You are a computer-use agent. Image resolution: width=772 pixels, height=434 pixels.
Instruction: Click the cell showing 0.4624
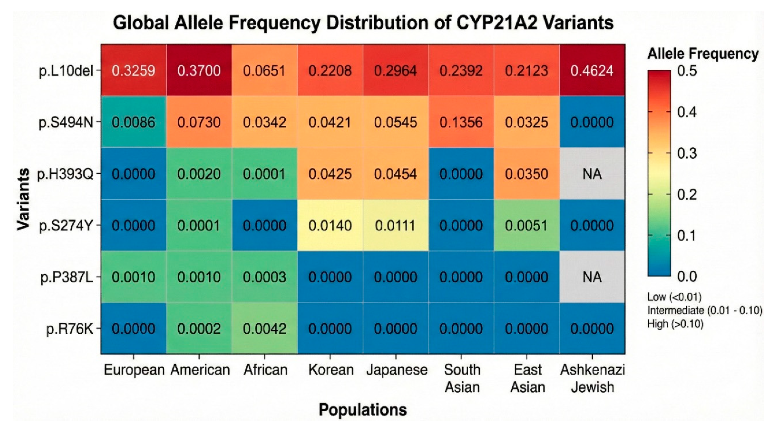(x=592, y=71)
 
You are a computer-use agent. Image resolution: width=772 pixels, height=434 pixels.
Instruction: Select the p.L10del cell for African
(x=264, y=71)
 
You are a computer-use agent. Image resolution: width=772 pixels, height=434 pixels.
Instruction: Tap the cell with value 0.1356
(x=461, y=122)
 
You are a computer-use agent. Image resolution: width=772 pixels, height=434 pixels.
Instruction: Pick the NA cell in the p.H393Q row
(x=592, y=174)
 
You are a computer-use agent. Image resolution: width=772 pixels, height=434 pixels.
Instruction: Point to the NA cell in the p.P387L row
(x=592, y=277)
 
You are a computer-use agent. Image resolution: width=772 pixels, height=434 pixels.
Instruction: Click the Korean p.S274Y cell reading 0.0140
(x=330, y=225)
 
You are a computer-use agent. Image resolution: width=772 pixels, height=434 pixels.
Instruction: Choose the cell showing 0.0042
(x=264, y=329)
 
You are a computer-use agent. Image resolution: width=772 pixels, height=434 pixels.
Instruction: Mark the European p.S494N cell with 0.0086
(x=133, y=122)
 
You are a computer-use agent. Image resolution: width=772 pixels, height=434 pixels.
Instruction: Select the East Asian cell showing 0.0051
(x=526, y=225)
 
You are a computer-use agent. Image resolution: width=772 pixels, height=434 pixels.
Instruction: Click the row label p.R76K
(x=70, y=329)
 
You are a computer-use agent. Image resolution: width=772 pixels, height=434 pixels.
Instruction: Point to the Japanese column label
(x=396, y=370)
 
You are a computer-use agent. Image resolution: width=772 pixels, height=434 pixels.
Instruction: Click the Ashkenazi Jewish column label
(x=592, y=378)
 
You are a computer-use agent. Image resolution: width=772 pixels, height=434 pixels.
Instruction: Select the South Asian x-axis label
(x=462, y=378)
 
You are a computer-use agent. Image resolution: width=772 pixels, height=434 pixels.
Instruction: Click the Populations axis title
(x=363, y=409)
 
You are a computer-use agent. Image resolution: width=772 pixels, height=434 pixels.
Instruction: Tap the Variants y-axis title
(x=23, y=199)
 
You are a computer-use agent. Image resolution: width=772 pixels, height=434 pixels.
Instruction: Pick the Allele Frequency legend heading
(x=703, y=54)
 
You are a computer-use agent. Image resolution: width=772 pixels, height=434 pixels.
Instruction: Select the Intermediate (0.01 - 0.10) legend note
(x=705, y=310)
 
